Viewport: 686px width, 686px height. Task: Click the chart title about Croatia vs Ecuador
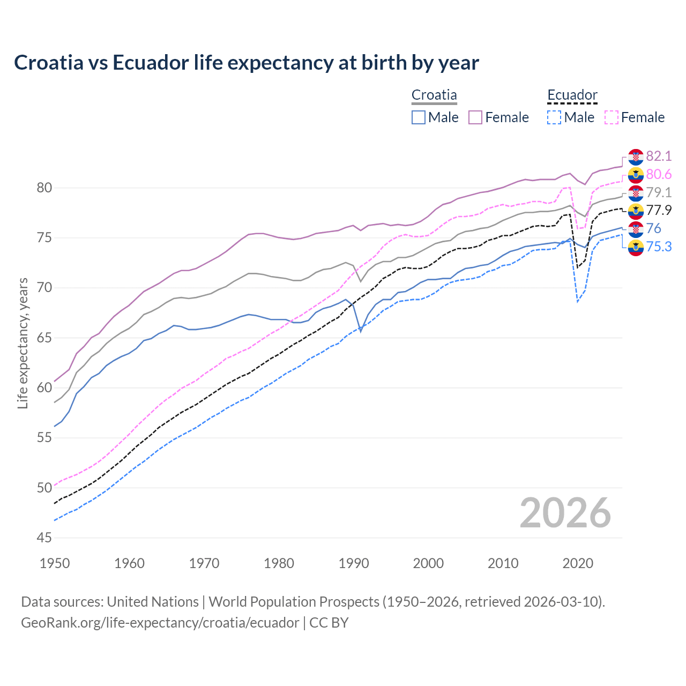247,63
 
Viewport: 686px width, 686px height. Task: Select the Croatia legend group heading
434,95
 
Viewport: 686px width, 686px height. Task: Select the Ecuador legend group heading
572,95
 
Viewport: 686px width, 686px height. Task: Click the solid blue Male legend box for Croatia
419,117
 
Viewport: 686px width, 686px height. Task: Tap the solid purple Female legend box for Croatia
475,117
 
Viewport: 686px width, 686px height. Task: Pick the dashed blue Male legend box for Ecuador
554,117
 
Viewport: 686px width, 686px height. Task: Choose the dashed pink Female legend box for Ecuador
612,117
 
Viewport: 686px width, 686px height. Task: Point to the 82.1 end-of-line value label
659,156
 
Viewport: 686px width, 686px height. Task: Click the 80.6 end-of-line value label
659,174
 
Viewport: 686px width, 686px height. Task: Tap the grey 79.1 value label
659,192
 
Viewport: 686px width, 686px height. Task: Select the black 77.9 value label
659,210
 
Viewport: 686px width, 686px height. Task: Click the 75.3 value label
659,247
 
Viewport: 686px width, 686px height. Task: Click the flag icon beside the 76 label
636,229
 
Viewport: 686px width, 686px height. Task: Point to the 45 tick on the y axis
44,538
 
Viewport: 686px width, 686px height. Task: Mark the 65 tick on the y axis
44,338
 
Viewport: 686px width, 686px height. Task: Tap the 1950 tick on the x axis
55,563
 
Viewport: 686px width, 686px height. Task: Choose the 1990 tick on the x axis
354,563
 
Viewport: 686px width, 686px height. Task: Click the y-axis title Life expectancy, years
23,343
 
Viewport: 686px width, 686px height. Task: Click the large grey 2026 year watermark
565,513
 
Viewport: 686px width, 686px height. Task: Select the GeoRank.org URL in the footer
160,622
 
